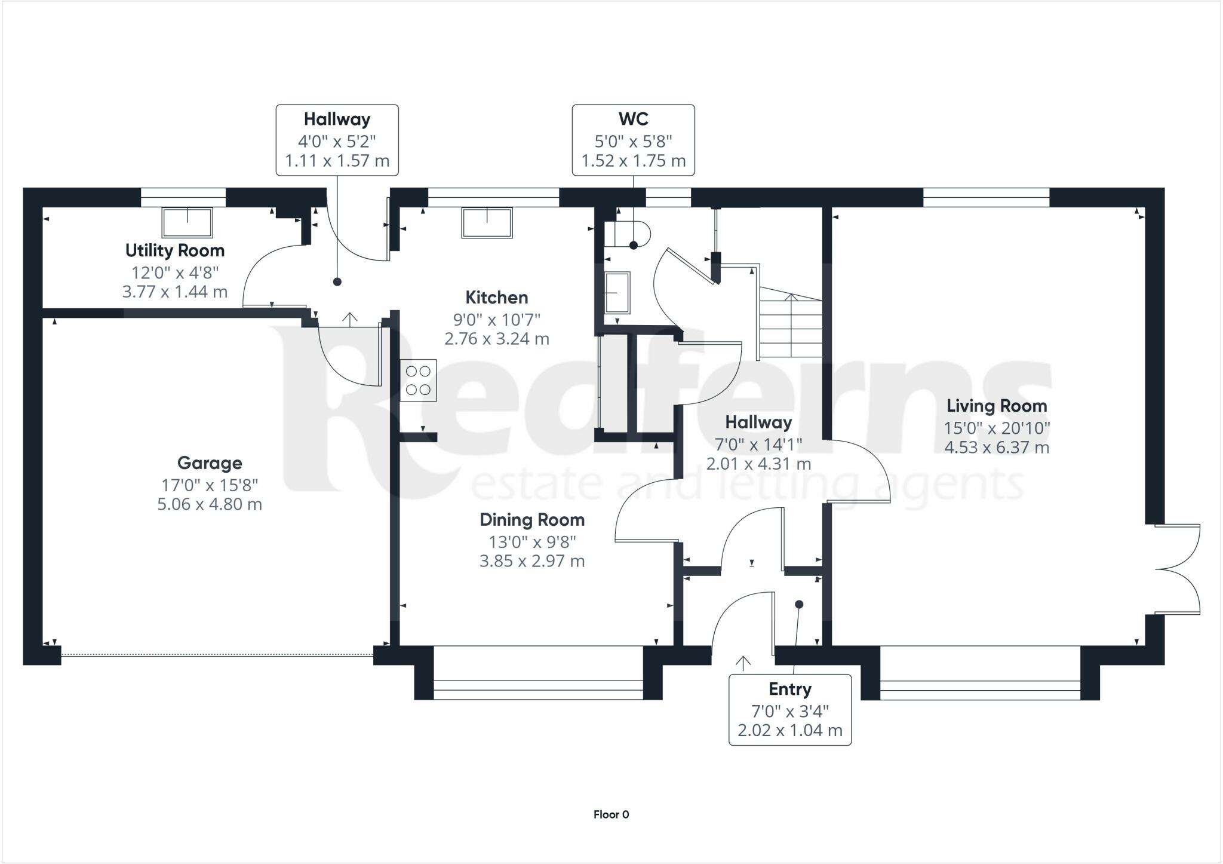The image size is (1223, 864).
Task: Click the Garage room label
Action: point(210,463)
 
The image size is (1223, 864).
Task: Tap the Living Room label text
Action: point(997,406)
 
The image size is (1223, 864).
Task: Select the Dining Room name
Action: point(532,520)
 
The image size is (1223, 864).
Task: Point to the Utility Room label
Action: point(175,250)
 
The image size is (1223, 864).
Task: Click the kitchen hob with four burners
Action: point(418,380)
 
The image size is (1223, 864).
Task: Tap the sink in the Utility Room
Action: point(188,222)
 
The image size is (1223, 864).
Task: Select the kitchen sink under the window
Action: point(487,222)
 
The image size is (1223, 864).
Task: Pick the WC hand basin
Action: point(617,293)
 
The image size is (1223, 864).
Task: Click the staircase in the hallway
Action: point(791,323)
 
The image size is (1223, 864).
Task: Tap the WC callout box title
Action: point(634,119)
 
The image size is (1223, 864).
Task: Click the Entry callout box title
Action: point(790,689)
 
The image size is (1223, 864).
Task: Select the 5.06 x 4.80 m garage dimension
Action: point(210,504)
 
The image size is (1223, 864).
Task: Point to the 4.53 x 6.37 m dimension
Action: point(997,448)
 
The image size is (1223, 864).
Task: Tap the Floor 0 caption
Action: point(611,814)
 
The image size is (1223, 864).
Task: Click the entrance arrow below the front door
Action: point(743,663)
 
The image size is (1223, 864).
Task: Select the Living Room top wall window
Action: point(986,198)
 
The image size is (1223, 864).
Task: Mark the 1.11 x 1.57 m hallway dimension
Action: point(337,161)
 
